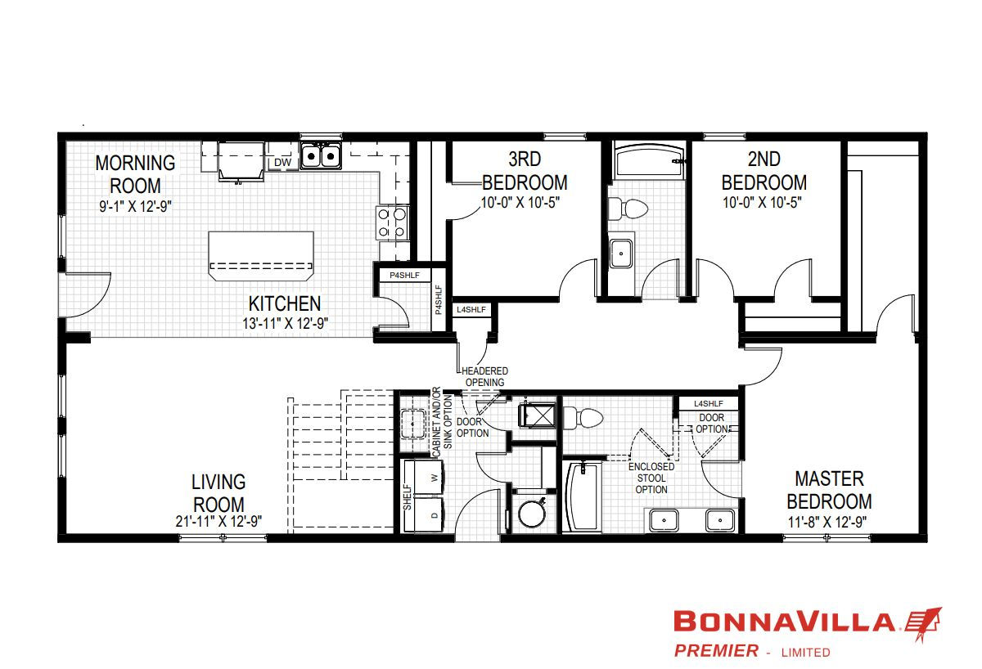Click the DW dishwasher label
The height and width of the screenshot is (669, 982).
[282, 162]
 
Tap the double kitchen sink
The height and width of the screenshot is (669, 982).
[321, 155]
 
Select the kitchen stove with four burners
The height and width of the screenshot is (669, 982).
[392, 222]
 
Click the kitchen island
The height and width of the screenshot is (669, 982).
[261, 256]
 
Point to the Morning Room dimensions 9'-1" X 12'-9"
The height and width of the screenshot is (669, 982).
[135, 206]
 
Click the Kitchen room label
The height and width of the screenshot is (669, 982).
[285, 303]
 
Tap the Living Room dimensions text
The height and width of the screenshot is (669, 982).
[218, 521]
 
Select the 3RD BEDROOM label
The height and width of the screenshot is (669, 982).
[525, 171]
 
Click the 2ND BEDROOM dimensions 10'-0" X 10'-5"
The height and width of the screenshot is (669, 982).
[762, 202]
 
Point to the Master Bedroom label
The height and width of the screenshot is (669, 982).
[829, 490]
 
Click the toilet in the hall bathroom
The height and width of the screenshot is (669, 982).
[628, 209]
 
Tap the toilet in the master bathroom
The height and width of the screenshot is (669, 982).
[583, 418]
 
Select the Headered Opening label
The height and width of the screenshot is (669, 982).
[484, 377]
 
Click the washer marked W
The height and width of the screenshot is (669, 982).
[424, 477]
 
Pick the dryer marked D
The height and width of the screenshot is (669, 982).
[424, 514]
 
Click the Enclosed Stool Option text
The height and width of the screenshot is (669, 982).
[651, 478]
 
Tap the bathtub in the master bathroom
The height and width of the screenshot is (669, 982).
[582, 496]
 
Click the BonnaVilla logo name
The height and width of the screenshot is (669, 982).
[784, 622]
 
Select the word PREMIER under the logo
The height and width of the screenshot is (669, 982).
[716, 651]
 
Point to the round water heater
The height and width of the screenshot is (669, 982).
[532, 514]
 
